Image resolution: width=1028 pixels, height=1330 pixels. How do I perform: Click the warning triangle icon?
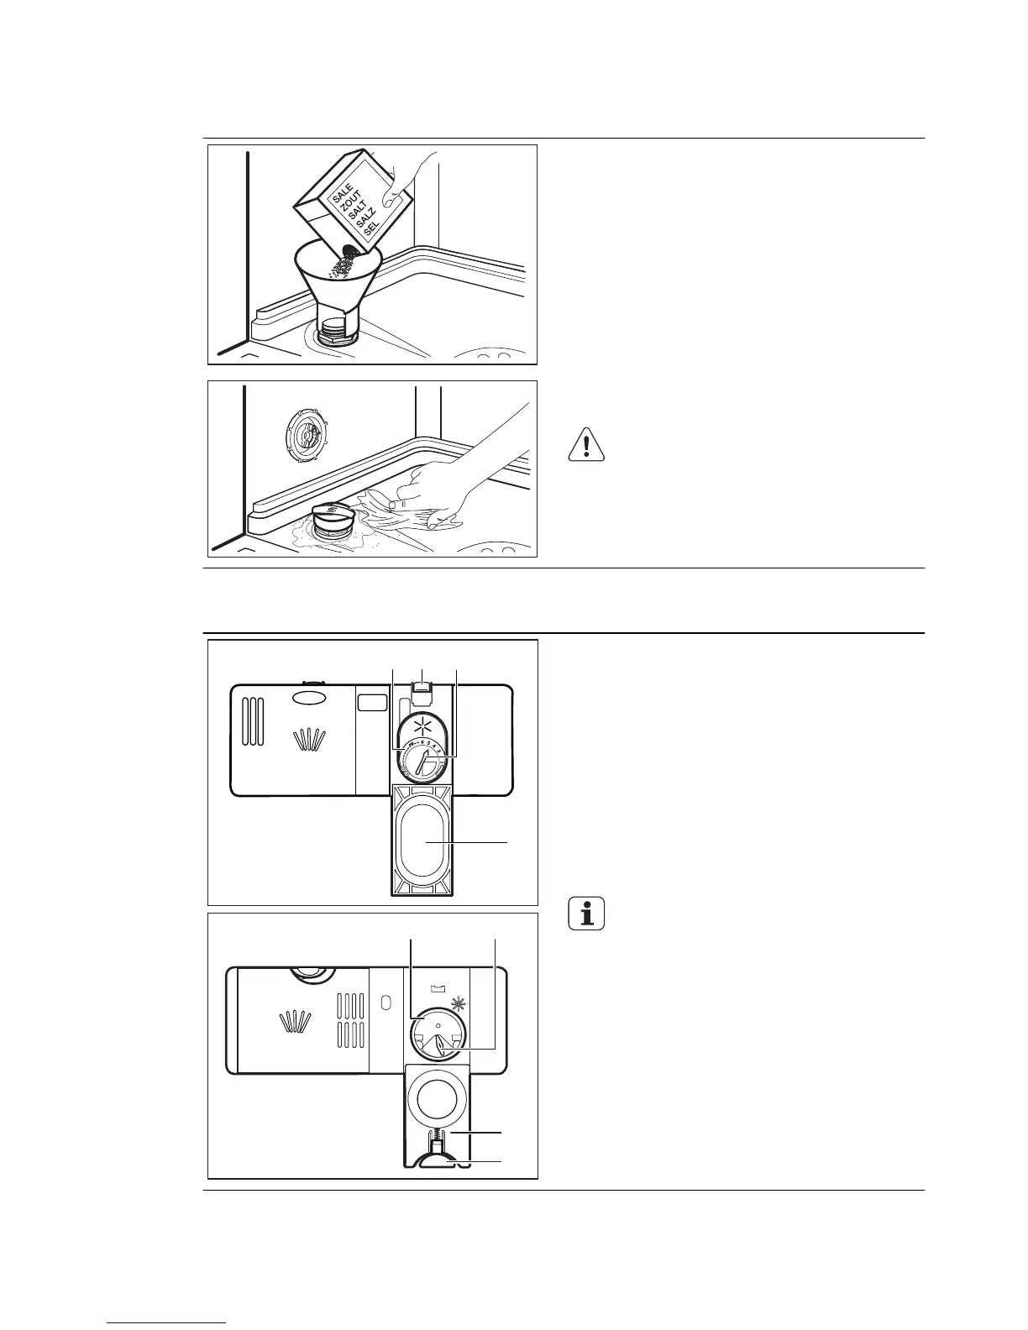(586, 444)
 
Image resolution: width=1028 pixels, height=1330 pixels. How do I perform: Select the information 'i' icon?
(587, 913)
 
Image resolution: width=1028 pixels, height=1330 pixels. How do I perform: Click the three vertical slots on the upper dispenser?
(253, 720)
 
